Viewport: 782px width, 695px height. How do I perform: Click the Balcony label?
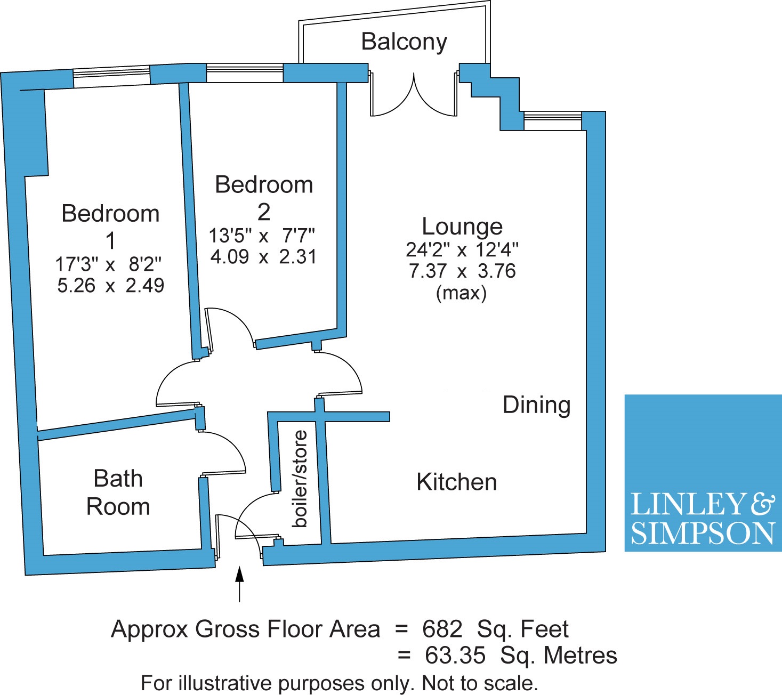tap(404, 43)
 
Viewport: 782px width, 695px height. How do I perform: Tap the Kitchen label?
tap(457, 482)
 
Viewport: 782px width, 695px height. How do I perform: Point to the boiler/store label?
tap(300, 479)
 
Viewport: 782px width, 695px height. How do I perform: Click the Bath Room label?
tap(118, 492)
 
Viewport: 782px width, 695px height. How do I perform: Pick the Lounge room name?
tap(462, 227)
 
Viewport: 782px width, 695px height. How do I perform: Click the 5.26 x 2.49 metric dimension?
tap(111, 286)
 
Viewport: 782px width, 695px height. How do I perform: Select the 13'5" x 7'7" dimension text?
tap(262, 236)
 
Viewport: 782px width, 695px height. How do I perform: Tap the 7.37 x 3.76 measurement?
tap(462, 271)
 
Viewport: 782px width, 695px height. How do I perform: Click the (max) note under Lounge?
tap(461, 293)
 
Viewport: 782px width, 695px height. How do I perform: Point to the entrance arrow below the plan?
tap(240, 584)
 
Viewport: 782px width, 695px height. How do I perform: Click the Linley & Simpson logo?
tap(703, 473)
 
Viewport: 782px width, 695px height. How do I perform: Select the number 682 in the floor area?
tap(442, 629)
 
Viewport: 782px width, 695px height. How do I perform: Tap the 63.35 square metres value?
tap(455, 656)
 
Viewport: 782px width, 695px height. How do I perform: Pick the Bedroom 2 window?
tap(245, 73)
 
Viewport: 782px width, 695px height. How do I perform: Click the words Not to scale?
tap(480, 684)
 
